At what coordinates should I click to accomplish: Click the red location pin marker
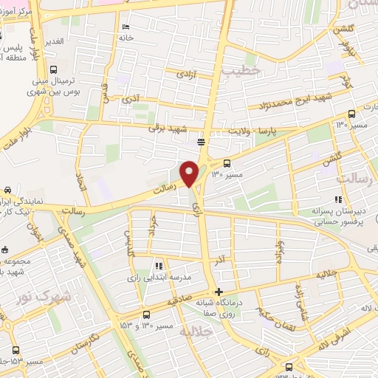tap(189, 173)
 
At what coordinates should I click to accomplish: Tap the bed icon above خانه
tap(125, 26)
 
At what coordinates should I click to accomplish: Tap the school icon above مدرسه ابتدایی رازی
tap(157, 266)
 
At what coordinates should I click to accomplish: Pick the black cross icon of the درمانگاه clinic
tap(218, 291)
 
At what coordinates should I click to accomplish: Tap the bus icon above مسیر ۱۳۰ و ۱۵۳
tap(146, 312)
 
